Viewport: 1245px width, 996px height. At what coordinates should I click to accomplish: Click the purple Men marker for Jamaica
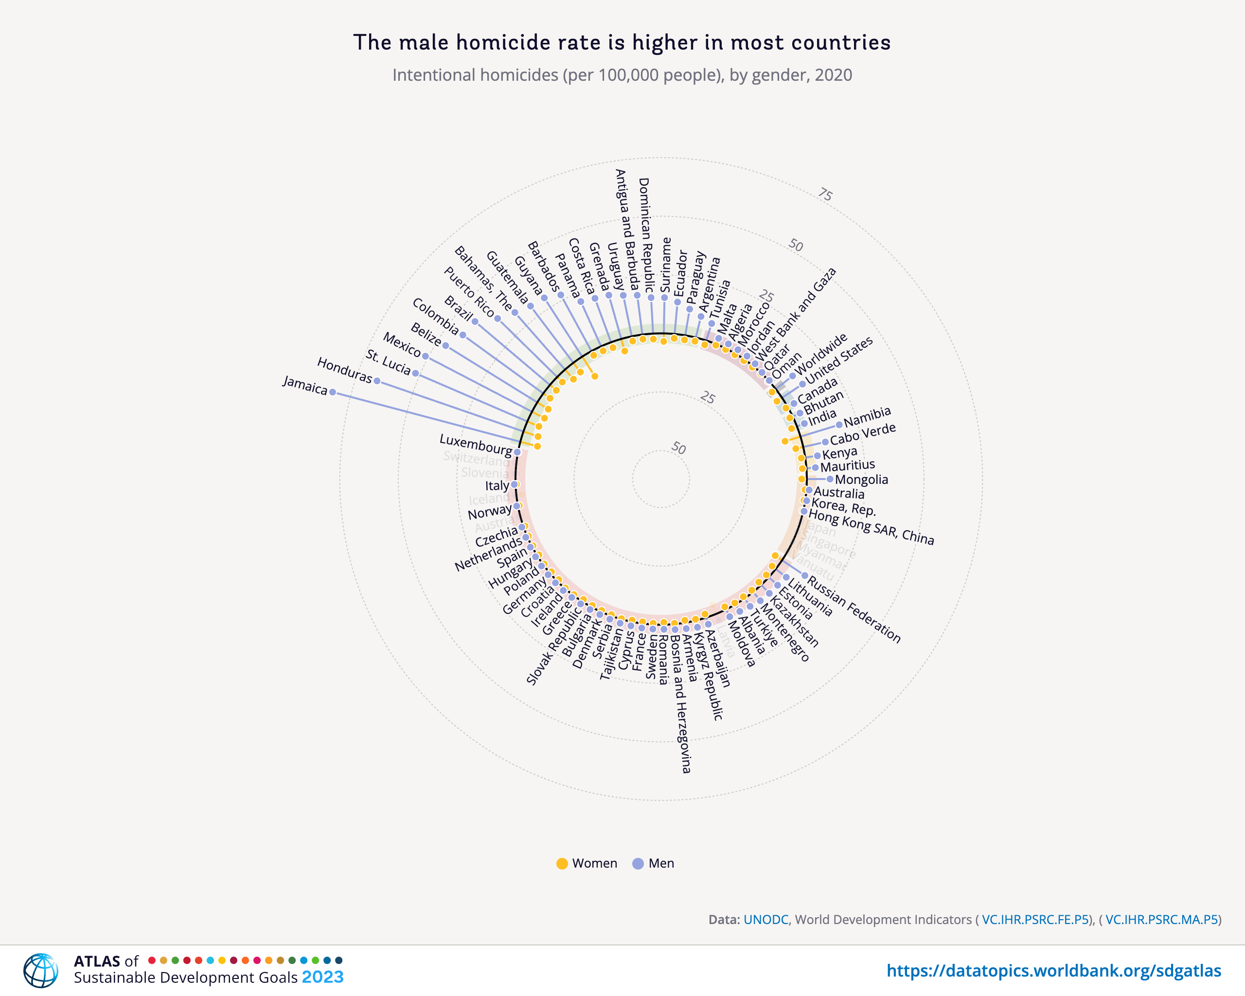coord(332,392)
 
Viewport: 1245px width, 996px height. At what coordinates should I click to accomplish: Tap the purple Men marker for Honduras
coord(377,381)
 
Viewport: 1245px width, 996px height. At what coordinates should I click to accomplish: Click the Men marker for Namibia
coord(839,425)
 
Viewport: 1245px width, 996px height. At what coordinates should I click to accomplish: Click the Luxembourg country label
coord(475,445)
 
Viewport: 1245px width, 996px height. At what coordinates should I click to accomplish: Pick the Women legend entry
coord(586,863)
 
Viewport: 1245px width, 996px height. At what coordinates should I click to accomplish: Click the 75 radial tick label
coord(825,195)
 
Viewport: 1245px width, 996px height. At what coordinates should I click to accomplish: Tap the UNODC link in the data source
coord(765,920)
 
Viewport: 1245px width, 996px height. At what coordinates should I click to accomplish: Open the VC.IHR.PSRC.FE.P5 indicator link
coord(1035,920)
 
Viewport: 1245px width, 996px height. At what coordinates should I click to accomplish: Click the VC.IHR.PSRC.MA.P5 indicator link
coord(1161,920)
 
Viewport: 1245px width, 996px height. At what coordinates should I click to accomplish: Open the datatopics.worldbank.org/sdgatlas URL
coord(1053,971)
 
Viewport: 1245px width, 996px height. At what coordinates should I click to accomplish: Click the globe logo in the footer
coord(40,971)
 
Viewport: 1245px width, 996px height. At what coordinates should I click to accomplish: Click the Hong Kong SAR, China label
coord(871,527)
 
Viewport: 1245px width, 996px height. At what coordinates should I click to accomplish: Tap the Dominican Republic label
coord(645,234)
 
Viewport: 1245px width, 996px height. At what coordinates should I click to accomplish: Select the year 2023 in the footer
coord(322,977)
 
